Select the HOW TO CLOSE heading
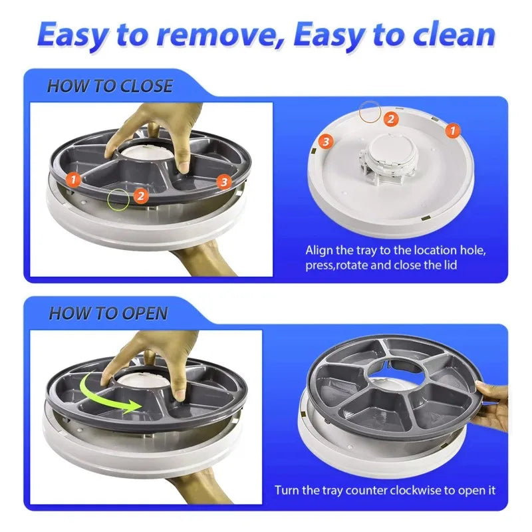[x=110, y=86]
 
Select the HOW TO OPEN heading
[x=108, y=313]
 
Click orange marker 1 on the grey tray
[x=74, y=179]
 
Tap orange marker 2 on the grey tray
[x=140, y=196]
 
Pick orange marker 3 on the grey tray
[x=223, y=180]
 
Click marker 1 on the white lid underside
[x=452, y=130]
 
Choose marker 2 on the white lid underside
[x=392, y=119]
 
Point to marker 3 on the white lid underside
[x=325, y=141]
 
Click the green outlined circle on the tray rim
[x=120, y=197]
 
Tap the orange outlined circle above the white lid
[x=369, y=111]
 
